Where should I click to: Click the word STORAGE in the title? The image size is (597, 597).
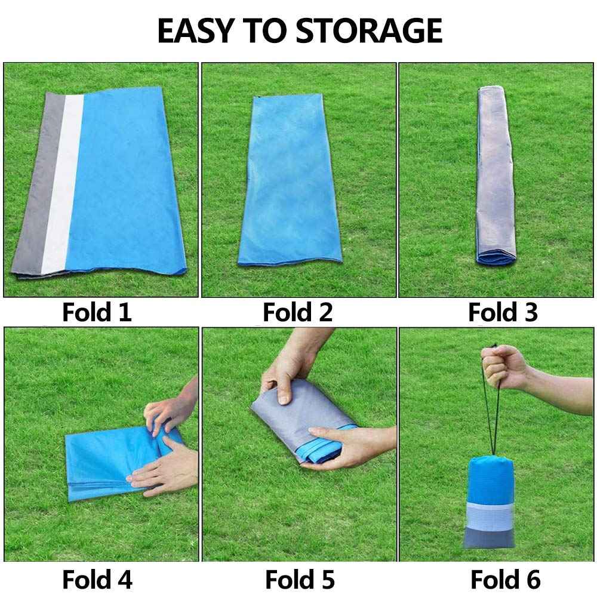click(369, 30)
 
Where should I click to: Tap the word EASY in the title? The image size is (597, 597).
click(196, 30)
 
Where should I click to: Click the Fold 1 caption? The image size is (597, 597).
click(97, 312)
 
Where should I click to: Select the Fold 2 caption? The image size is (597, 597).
click(298, 312)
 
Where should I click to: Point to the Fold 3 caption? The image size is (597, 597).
click(503, 312)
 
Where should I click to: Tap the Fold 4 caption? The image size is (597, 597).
click(97, 580)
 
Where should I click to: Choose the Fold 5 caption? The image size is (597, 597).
click(300, 580)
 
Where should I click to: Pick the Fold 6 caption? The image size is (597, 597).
click(505, 580)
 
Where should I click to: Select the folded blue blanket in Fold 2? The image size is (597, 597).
click(290, 180)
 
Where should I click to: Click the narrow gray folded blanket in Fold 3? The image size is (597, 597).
click(496, 175)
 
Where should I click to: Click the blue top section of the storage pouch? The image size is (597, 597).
click(490, 481)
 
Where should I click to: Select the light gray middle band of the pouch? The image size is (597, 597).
click(490, 516)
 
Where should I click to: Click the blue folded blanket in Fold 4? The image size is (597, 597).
click(114, 463)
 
